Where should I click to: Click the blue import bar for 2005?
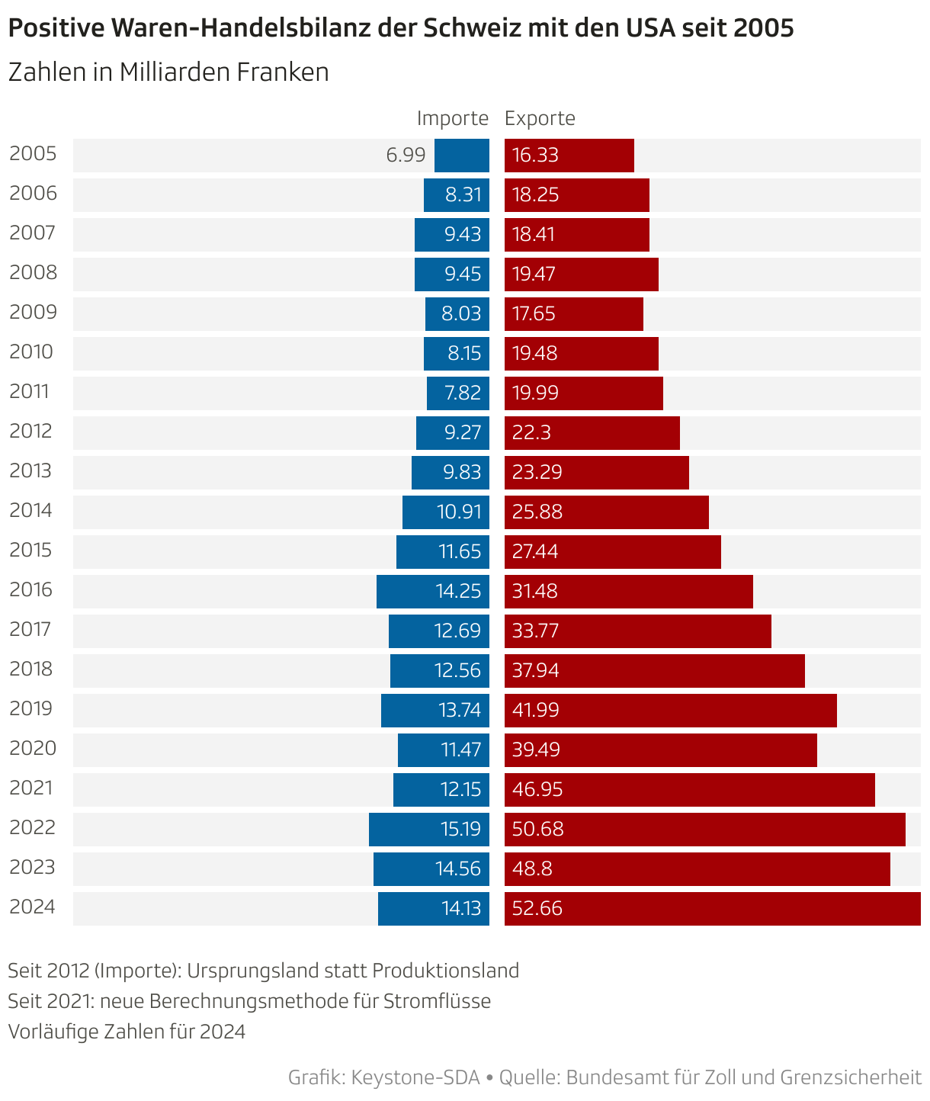tap(462, 156)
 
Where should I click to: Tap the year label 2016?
tap(31, 590)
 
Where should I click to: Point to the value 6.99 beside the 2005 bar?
tap(406, 156)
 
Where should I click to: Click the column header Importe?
tap(452, 119)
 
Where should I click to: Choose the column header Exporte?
tap(540, 119)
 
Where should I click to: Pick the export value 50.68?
tap(537, 829)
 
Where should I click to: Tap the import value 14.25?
tap(458, 591)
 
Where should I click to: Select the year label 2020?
tap(33, 749)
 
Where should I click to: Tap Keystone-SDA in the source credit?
tap(416, 1077)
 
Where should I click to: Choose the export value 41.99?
tap(536, 710)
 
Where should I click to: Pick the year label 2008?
tap(33, 273)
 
